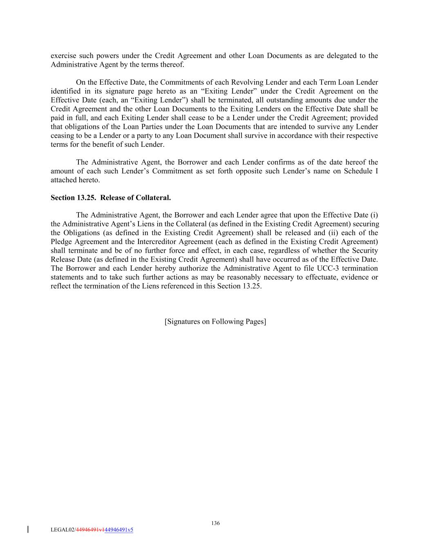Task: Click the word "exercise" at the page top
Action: pos(63,56)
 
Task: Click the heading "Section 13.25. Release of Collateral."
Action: pos(111,198)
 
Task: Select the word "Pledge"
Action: pos(61,242)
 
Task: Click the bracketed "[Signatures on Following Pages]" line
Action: pos(215,322)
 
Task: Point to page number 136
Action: pos(215,523)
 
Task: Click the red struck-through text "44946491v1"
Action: pos(90,530)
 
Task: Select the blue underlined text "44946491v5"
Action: pos(119,530)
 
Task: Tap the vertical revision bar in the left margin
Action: pos(28,529)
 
